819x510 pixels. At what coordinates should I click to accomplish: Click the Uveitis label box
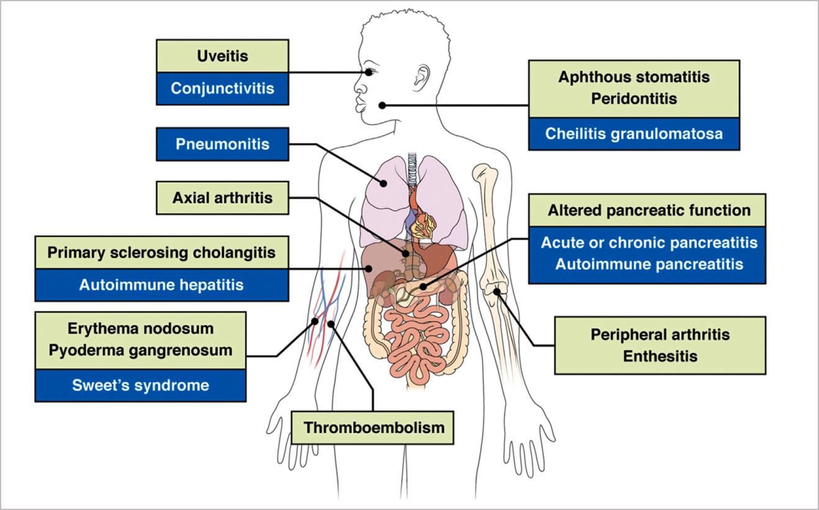pyautogui.click(x=222, y=56)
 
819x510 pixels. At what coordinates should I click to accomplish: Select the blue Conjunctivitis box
pyautogui.click(x=222, y=88)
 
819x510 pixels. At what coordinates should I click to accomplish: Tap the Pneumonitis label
pyautogui.click(x=222, y=145)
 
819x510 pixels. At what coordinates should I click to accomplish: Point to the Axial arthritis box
pyautogui.click(x=222, y=199)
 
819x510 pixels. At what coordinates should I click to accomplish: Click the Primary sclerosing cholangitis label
pyautogui.click(x=161, y=253)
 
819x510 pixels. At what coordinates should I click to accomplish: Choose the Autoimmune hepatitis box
pyautogui.click(x=161, y=285)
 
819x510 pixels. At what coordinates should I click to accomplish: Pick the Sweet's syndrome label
pyautogui.click(x=140, y=385)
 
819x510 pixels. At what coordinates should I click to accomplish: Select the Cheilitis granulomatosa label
pyautogui.click(x=633, y=134)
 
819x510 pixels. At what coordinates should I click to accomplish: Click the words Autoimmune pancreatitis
pyautogui.click(x=649, y=264)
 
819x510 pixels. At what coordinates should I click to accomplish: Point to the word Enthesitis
pyautogui.click(x=660, y=357)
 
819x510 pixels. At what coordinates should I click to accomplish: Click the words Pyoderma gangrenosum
pyautogui.click(x=140, y=349)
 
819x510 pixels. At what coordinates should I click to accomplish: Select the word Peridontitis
pyautogui.click(x=633, y=99)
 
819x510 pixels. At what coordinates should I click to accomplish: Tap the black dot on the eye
pyautogui.click(x=370, y=72)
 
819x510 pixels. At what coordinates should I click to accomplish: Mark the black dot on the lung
pyautogui.click(x=384, y=183)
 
